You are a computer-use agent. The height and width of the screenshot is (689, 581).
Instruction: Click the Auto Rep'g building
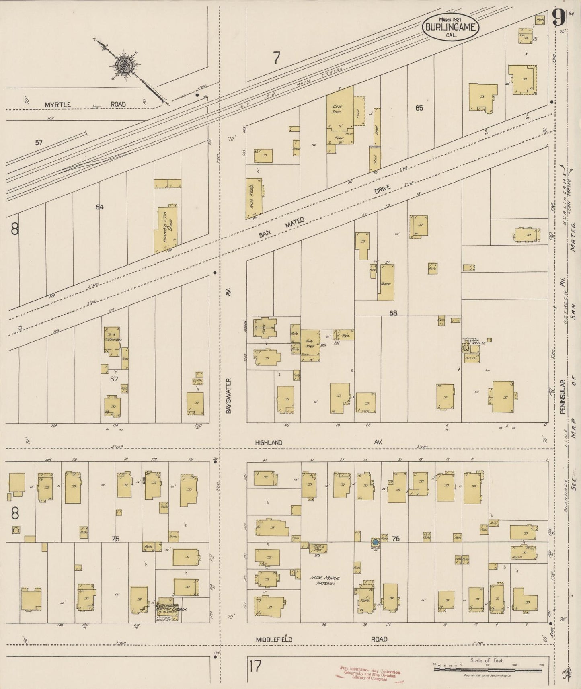click(254, 199)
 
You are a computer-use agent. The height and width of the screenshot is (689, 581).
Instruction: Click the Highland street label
click(269, 442)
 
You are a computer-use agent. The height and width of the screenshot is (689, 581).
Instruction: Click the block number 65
click(419, 108)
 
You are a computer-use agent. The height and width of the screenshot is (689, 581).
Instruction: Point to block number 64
click(100, 207)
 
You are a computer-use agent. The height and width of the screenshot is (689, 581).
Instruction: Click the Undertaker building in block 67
click(112, 340)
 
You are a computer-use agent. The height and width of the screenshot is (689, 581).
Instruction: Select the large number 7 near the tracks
click(276, 59)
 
